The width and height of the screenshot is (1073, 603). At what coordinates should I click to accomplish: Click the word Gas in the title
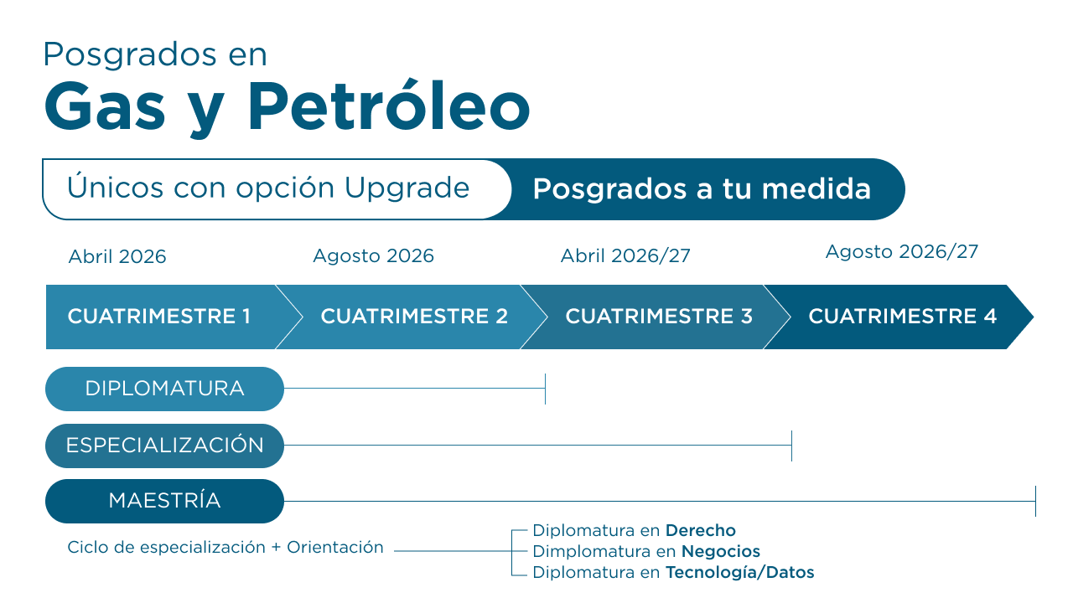coord(105,106)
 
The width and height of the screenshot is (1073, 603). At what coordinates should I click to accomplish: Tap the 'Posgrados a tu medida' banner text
coord(702,188)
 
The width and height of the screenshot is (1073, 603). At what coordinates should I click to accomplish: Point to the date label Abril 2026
coord(117,256)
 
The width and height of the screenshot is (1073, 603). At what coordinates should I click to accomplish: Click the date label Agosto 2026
coord(374,256)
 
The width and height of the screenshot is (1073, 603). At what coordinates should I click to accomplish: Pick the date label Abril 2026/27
coord(625,255)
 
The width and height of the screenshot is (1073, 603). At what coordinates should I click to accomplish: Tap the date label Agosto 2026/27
coord(902,252)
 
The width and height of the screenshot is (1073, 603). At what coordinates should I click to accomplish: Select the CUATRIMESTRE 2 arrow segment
coord(412,317)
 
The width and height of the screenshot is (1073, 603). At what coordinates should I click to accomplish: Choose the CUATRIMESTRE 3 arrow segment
coord(656,317)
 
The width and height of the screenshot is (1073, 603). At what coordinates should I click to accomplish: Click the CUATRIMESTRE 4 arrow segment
coord(900,317)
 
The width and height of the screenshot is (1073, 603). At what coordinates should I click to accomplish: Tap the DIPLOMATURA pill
coord(165,389)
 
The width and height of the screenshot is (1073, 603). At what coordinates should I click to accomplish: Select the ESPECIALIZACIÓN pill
coord(165,446)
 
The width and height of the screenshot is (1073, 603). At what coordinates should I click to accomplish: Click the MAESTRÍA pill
coord(165,501)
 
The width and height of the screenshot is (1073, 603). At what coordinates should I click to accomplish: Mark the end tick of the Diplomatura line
coord(545,389)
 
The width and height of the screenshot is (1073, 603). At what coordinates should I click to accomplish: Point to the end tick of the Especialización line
coord(792,446)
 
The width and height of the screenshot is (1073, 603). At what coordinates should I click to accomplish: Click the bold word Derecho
coord(700,530)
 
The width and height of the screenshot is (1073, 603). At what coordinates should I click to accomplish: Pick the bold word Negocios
coord(720,551)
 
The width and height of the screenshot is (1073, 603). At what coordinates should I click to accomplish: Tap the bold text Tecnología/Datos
coord(740,572)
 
